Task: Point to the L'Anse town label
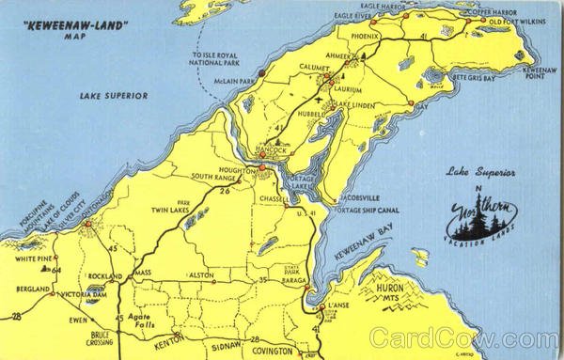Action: pyautogui.click(x=338, y=306)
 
